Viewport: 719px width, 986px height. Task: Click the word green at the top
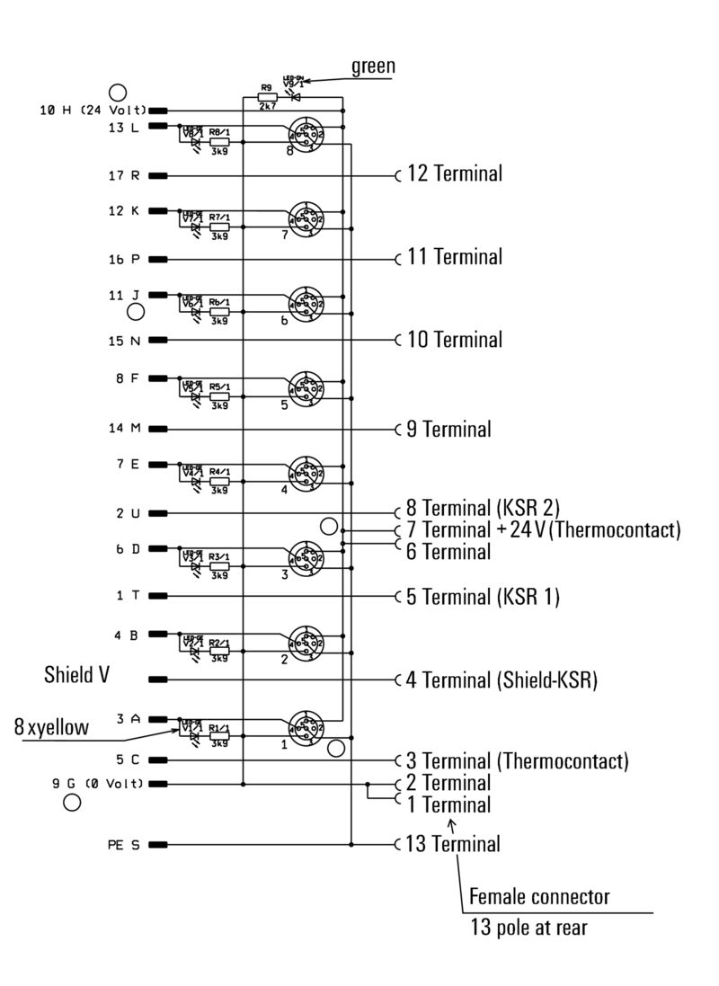click(373, 66)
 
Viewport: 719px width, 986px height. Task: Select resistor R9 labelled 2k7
click(266, 97)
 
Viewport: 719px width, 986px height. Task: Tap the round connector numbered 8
click(306, 135)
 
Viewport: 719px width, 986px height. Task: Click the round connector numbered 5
click(306, 388)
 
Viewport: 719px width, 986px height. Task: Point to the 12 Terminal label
click(454, 173)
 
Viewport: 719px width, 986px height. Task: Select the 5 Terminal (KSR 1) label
click(483, 596)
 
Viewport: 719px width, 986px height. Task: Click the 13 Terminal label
click(452, 844)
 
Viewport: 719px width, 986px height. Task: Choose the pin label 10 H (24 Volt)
click(93, 111)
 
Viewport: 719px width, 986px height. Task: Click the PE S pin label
click(122, 845)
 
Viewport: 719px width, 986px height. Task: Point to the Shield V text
click(76, 674)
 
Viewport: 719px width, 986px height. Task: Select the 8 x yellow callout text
click(51, 728)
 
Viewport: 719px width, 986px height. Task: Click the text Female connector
click(539, 896)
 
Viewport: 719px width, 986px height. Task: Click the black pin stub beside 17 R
click(158, 175)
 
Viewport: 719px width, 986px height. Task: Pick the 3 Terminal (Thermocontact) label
click(516, 761)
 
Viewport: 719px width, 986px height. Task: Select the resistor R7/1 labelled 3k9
click(219, 227)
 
